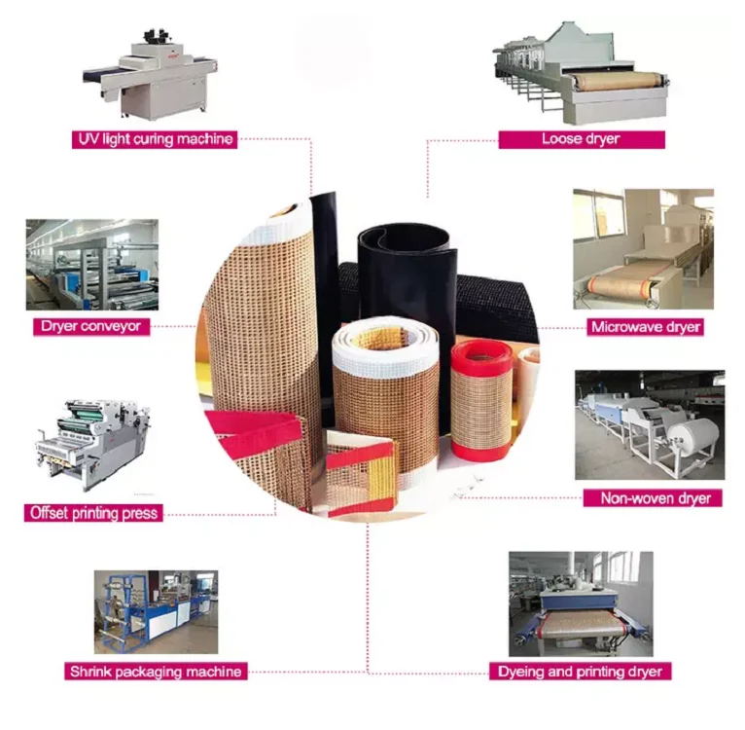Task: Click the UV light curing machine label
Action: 156,139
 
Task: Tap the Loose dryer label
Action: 581,139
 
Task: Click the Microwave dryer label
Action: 646,327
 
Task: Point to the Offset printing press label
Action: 93,513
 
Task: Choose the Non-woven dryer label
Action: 654,498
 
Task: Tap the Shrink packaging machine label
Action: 155,671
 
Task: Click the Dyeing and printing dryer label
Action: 581,672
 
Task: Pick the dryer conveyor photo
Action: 92,265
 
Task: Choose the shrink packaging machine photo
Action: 156,611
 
